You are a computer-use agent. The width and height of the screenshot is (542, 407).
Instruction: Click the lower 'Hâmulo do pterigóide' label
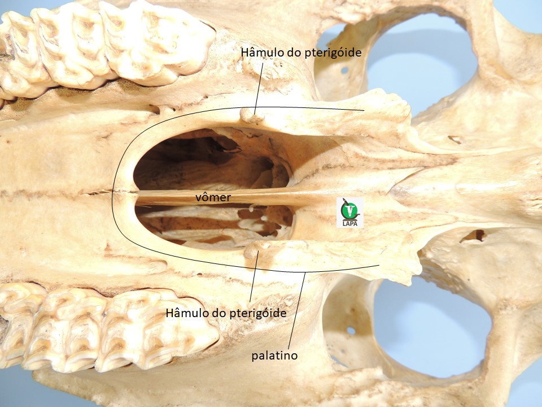click(x=226, y=313)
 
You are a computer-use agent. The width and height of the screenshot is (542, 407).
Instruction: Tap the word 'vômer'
click(x=213, y=197)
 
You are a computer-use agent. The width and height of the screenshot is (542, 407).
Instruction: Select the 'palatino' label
click(x=274, y=356)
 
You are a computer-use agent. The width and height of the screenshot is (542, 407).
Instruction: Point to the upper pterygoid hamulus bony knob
click(x=252, y=115)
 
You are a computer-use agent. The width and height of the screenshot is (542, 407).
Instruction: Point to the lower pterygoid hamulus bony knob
click(x=256, y=249)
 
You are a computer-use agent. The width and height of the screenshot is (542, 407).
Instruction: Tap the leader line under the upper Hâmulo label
click(x=259, y=88)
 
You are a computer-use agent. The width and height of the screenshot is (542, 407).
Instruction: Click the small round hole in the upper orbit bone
click(x=344, y=70)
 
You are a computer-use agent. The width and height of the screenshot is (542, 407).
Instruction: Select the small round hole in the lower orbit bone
click(x=351, y=331)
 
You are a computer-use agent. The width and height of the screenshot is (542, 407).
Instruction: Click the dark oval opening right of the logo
click(x=474, y=236)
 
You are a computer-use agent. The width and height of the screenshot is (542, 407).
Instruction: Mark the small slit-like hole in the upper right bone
click(x=455, y=140)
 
